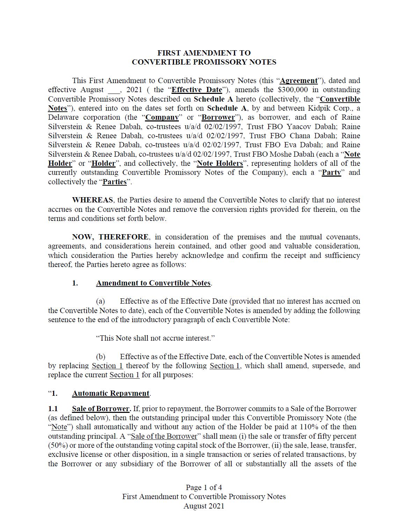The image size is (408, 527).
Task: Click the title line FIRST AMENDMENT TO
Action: [204, 53]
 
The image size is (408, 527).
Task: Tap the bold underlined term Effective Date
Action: [197, 90]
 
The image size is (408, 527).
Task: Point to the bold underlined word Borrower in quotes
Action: [218, 117]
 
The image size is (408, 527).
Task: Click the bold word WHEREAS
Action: [93, 200]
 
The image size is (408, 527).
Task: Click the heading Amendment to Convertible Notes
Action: [153, 283]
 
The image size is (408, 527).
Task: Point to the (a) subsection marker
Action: [101, 301]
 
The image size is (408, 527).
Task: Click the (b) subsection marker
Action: [101, 357]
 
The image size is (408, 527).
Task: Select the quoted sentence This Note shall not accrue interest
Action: [155, 338]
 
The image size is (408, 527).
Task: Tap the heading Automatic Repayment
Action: [111, 393]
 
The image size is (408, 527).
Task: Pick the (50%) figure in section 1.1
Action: [58, 445]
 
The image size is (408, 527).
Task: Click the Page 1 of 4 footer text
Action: [204, 488]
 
